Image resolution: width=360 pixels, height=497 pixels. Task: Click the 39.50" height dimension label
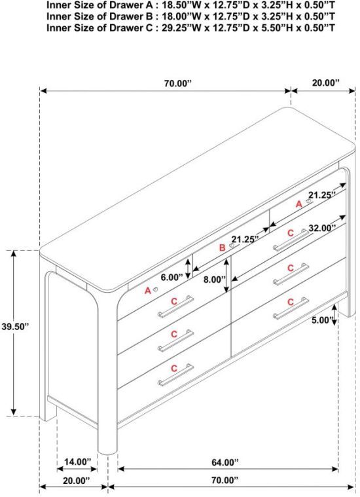pos(15,327)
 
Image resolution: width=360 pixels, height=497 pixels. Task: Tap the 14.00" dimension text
pos(77,462)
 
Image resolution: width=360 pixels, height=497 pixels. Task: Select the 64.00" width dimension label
pos(225,462)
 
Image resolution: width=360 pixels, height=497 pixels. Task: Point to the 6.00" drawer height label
pos(171,278)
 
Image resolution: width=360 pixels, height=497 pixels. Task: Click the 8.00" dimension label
pos(215,280)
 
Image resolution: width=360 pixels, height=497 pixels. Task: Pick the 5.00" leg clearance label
pos(321,320)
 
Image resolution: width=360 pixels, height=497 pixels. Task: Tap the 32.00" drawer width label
pos(322,228)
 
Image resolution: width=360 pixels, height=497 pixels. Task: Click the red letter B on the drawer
pos(223,248)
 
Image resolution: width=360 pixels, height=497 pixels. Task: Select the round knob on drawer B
pos(232,246)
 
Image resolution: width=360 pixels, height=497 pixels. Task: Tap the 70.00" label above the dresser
pos(178,83)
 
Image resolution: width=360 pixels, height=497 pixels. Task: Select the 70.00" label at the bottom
pos(225,480)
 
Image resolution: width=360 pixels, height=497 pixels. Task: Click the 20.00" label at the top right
pos(326,83)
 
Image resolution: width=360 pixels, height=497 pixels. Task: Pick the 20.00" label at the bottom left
pos(77,481)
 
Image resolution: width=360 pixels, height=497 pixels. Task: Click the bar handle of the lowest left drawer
pos(175,375)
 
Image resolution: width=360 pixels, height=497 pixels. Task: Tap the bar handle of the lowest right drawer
pos(291,308)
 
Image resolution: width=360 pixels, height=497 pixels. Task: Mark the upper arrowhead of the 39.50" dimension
pos(14,253)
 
